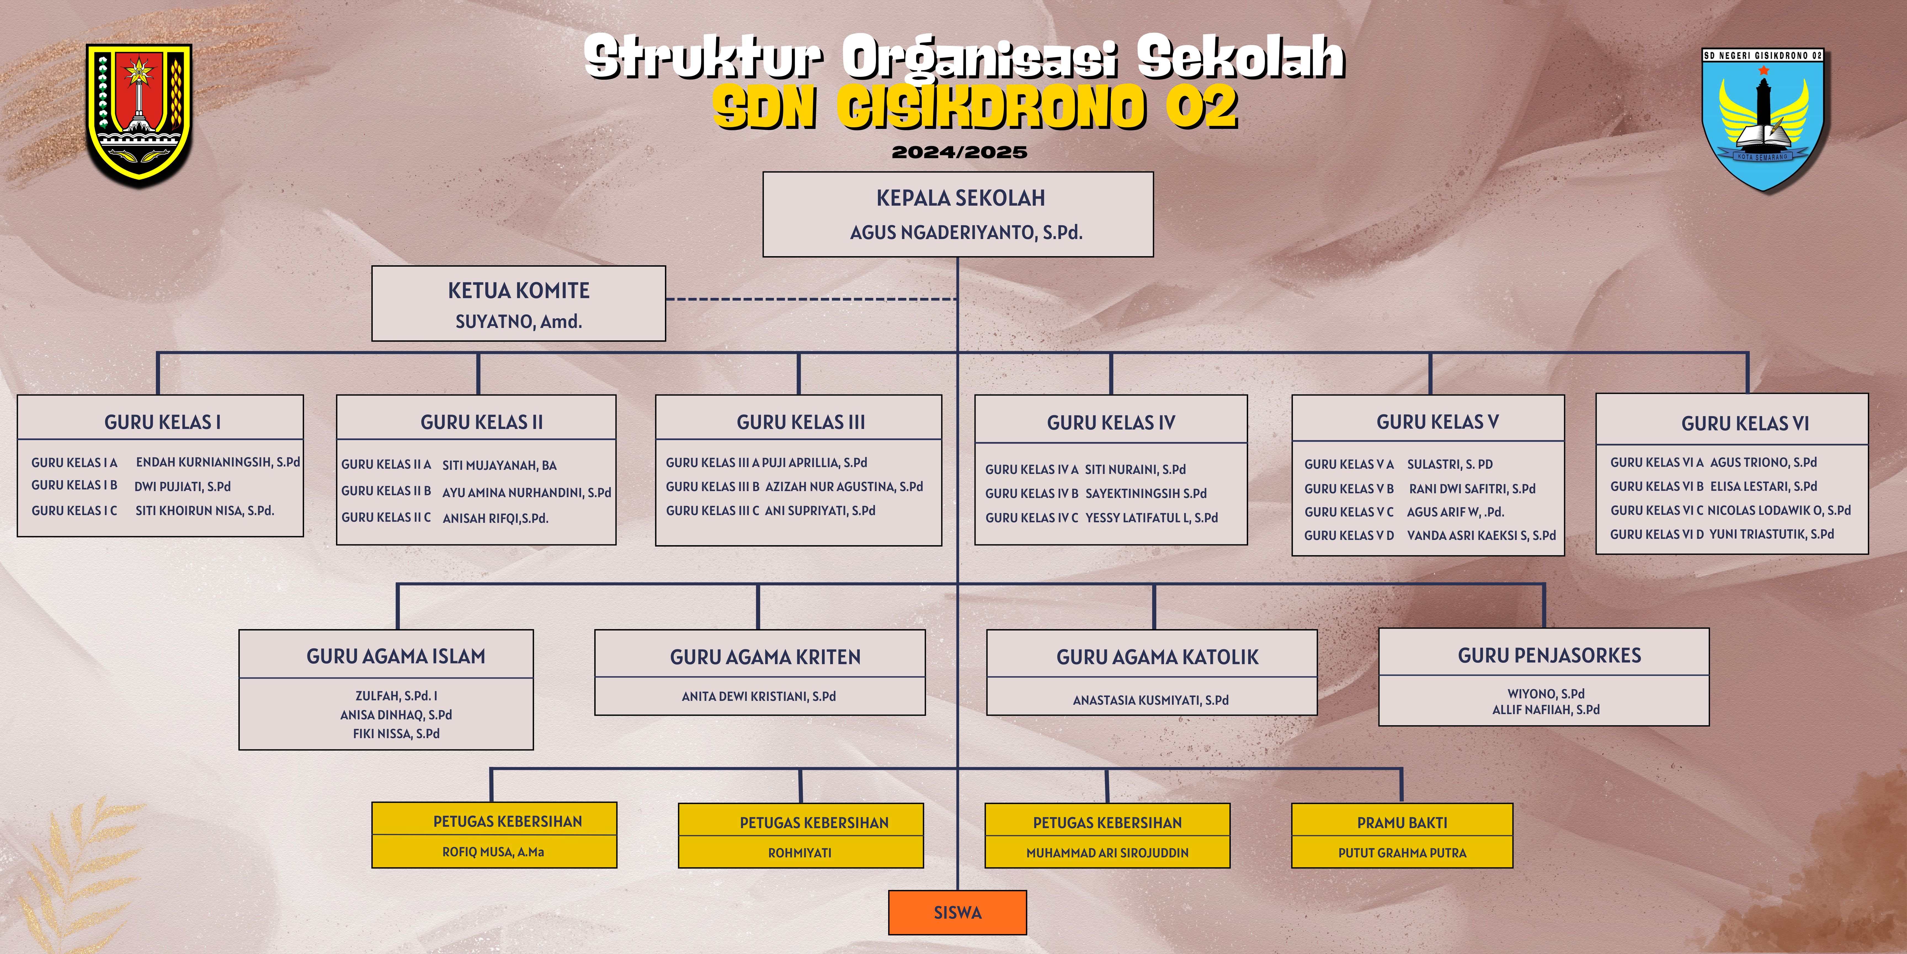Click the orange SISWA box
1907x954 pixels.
point(957,913)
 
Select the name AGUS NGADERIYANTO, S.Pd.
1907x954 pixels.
point(966,233)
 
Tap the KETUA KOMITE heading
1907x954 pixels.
point(518,290)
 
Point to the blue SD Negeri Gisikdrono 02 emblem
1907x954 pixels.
point(1762,118)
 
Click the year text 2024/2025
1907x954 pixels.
point(959,153)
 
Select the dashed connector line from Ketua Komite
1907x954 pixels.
point(811,299)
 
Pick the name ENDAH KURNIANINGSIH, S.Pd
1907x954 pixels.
point(218,462)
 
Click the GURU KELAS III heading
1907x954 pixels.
point(800,422)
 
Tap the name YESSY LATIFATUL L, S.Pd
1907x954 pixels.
point(1151,518)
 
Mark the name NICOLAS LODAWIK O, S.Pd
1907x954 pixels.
point(1779,510)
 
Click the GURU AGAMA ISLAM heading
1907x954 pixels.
point(396,656)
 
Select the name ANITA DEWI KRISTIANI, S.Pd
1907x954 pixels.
point(759,696)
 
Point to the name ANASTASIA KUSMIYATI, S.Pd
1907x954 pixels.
point(1150,700)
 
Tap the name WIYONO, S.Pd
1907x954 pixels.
point(1546,694)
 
